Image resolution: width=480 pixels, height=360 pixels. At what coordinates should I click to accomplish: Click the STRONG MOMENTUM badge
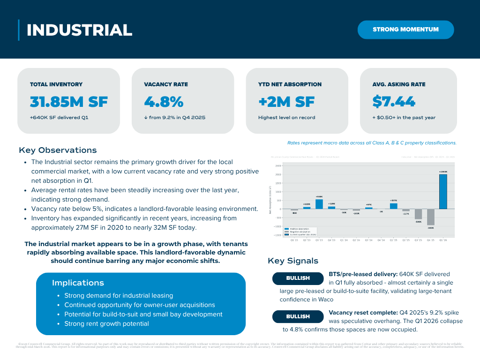click(405, 30)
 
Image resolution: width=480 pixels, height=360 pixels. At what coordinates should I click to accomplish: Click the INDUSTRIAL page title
click(79, 30)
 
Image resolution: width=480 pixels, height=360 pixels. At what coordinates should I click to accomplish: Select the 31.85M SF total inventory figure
click(68, 102)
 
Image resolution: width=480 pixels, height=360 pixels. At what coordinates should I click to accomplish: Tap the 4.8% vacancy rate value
click(164, 102)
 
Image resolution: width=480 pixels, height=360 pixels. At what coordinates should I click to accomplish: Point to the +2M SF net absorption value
click(286, 102)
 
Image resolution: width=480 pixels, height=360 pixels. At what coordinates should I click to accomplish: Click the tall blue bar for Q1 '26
click(443, 192)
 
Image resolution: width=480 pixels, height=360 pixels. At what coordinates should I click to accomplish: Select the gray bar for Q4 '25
click(430, 217)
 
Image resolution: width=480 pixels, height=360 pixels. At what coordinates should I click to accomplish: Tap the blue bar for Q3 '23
click(319, 204)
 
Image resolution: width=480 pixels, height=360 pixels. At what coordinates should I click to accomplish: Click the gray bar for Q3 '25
click(418, 214)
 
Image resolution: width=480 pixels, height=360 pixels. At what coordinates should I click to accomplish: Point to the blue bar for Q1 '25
click(393, 206)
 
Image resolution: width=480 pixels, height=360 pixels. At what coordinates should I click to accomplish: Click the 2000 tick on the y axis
click(278, 174)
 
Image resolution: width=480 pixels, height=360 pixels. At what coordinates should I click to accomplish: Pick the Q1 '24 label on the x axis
click(344, 240)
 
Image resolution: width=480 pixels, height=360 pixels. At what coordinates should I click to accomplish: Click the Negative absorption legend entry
click(300, 232)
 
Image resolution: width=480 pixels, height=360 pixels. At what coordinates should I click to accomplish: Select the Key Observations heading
click(58, 150)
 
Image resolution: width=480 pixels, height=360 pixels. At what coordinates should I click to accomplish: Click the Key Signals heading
click(293, 261)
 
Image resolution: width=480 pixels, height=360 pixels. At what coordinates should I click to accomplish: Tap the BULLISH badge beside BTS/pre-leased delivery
click(298, 278)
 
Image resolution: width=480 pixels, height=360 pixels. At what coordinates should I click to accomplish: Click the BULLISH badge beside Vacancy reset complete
click(298, 316)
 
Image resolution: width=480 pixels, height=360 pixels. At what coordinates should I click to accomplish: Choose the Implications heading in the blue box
click(78, 283)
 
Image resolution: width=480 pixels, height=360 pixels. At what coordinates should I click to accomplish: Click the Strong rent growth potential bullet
click(106, 323)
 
